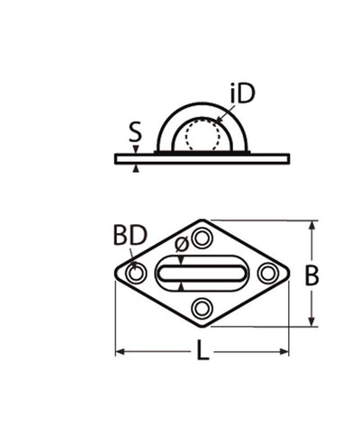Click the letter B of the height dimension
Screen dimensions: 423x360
336,277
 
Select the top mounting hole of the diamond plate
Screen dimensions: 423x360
202,238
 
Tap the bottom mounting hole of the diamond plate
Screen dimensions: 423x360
202,309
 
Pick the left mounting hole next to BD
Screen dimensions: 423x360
136,273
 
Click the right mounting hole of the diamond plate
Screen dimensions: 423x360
267,273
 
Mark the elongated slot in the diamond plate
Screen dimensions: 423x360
202,273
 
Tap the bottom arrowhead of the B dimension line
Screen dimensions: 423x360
313,321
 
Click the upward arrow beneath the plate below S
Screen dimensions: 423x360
136,167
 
